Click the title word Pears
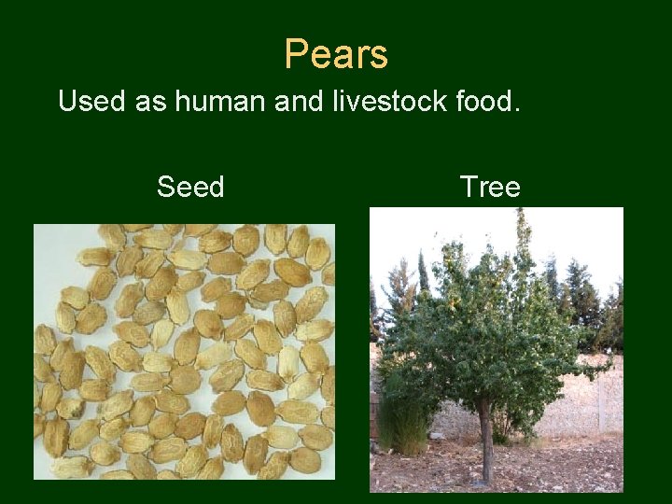point(336,54)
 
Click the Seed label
point(190,188)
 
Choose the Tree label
point(490,188)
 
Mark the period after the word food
point(513,109)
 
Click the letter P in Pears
point(295,54)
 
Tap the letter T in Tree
point(468,188)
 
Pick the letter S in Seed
point(166,188)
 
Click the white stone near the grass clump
point(436,436)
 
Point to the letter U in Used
point(67,101)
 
